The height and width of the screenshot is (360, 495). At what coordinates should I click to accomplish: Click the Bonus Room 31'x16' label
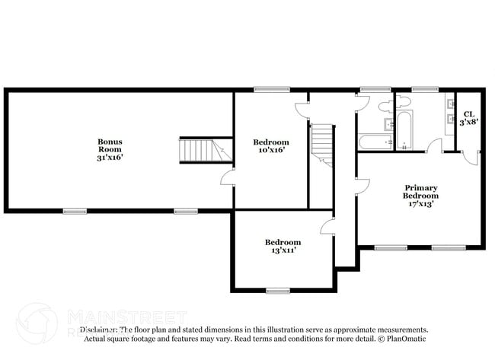coord(110,149)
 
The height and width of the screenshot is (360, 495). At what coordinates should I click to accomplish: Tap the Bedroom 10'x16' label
coord(271,146)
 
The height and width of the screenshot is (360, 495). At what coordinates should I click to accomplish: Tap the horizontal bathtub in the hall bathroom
coord(375,142)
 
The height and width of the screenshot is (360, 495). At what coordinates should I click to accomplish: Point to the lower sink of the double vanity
coord(451,122)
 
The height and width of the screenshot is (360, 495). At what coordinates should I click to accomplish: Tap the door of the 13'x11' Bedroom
coord(327,225)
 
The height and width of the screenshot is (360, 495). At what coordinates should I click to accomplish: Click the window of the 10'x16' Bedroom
coord(266,90)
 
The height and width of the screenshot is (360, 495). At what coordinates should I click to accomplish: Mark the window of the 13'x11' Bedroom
coord(277,290)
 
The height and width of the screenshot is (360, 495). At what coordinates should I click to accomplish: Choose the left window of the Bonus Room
coord(74,211)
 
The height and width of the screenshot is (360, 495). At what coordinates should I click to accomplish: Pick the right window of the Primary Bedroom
coord(449,247)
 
